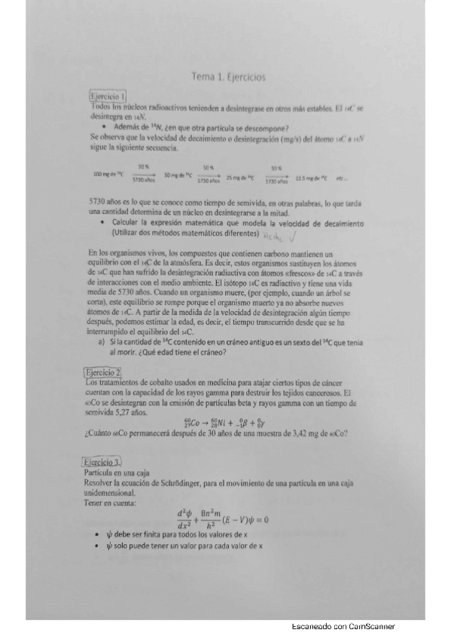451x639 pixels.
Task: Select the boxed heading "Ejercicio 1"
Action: coord(107,96)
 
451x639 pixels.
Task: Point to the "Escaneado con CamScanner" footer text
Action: coord(343,627)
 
